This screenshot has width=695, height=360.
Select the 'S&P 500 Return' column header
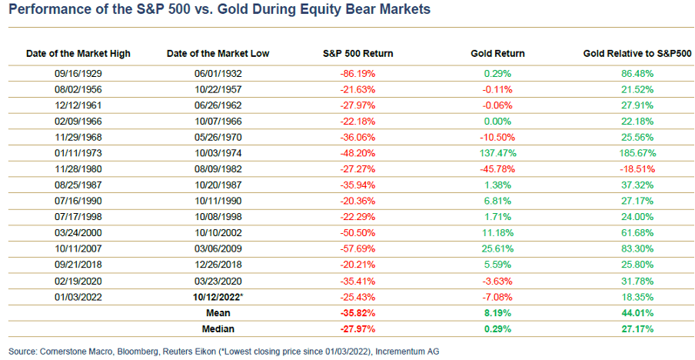(x=357, y=54)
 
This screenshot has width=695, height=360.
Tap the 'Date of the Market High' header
(x=78, y=54)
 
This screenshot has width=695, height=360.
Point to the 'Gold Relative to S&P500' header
(x=637, y=54)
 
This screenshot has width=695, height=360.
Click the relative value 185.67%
(x=637, y=154)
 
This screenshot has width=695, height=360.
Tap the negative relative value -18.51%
(x=637, y=170)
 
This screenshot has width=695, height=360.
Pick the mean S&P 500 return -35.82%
(x=357, y=314)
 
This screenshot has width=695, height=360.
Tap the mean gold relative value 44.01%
(x=637, y=314)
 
